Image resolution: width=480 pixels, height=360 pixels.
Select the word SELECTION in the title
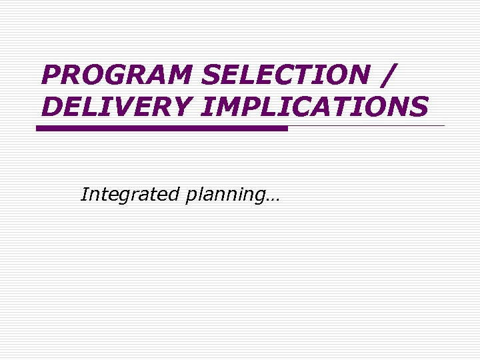tap(284, 75)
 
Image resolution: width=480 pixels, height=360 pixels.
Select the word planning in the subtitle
tap(223, 195)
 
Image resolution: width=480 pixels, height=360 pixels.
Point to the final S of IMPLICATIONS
tap(418, 106)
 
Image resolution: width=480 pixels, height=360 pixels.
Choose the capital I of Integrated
tap(84, 194)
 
